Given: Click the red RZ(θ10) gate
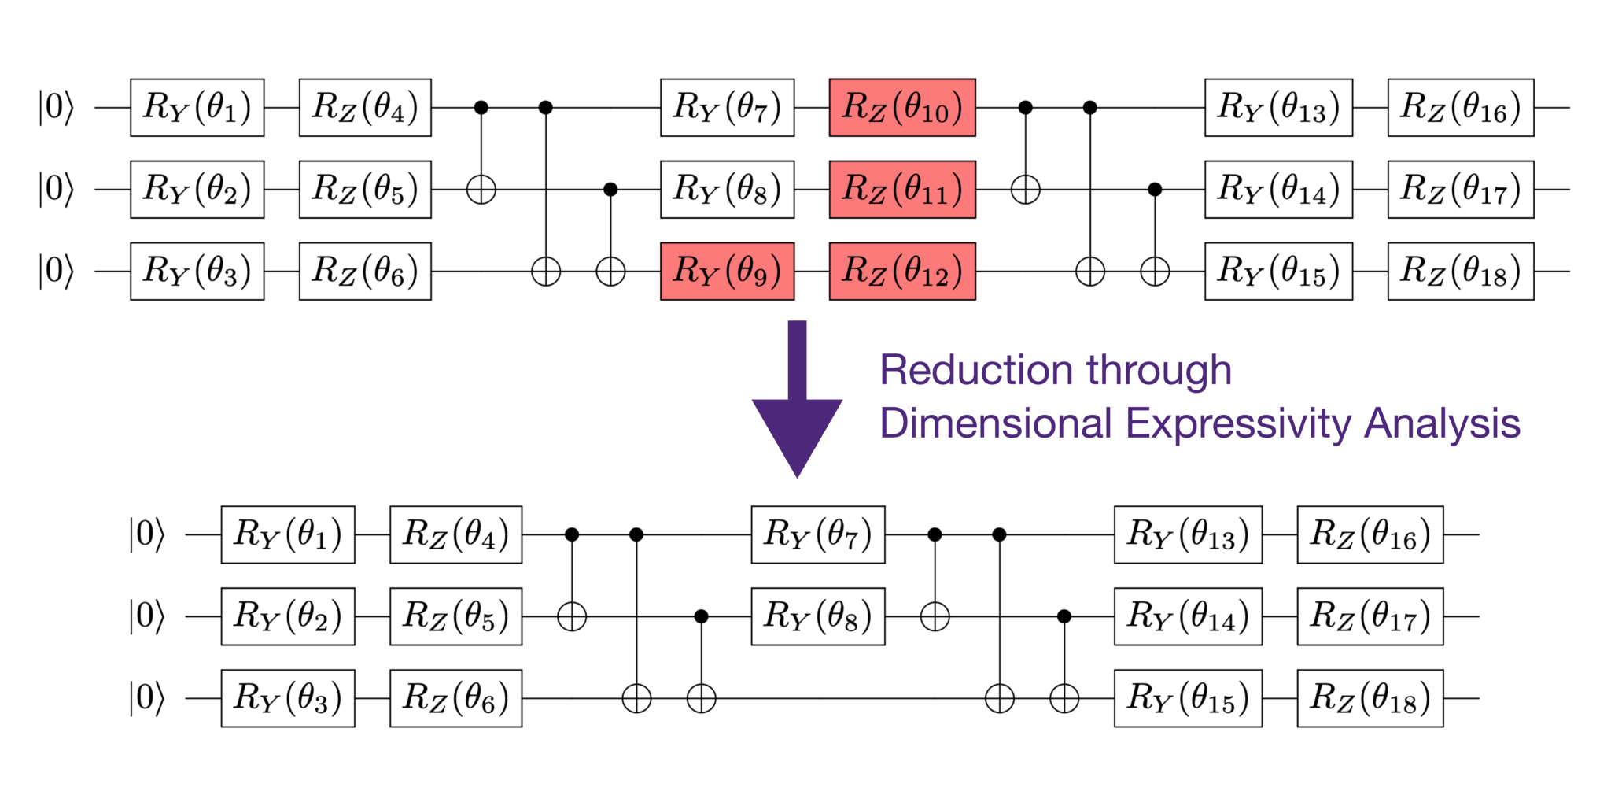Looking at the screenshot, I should point(902,108).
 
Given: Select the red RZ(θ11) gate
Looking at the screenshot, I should point(902,190).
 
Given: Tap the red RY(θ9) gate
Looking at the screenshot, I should point(727,272).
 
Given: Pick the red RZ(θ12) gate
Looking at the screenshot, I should point(902,272).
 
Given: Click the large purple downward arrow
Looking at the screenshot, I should point(797,401).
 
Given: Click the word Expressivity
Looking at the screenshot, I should point(1240,423).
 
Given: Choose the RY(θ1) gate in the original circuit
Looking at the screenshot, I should point(197,108).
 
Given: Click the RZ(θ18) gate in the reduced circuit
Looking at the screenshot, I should point(1370,698).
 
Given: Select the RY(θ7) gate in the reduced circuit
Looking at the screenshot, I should point(817,534).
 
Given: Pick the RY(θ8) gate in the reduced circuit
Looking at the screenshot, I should point(817,616).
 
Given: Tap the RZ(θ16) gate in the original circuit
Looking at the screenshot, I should point(1460,108).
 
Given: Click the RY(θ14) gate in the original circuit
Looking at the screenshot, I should point(1278,190).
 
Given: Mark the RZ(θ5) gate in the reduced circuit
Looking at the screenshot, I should point(455,616).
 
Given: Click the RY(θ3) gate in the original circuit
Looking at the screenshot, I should point(197,272).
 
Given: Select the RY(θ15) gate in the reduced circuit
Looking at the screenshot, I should point(1188,698).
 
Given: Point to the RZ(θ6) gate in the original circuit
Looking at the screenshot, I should point(365,272).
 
